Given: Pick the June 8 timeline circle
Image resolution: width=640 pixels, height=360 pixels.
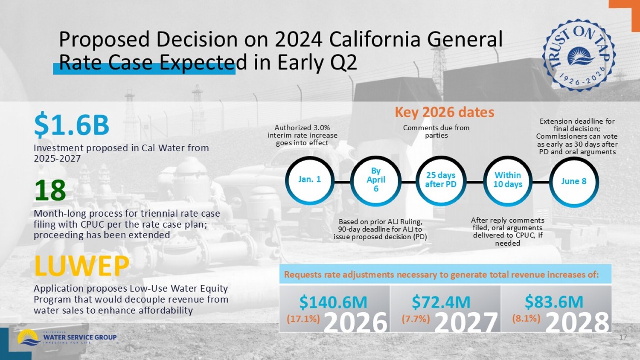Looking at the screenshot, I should (x=574, y=181).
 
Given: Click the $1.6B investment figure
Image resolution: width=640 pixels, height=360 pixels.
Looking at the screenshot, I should (x=72, y=125).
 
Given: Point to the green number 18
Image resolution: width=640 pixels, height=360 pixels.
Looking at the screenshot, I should (x=50, y=191).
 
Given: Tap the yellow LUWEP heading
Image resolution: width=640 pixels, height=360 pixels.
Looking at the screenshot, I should (x=81, y=266).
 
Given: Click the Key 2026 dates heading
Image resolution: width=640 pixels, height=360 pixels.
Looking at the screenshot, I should (x=444, y=112).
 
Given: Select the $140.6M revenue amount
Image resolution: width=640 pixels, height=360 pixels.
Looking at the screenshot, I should (x=333, y=302).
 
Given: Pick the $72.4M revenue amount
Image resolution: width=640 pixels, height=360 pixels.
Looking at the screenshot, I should (x=441, y=302).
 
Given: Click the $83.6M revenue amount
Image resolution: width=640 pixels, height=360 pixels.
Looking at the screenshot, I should (x=554, y=302).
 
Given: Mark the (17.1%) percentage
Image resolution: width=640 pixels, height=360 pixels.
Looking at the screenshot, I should (x=303, y=319).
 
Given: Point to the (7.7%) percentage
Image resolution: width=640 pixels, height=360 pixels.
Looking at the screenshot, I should (x=416, y=318).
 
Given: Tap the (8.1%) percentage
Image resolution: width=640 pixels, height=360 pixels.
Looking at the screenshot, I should (x=526, y=318).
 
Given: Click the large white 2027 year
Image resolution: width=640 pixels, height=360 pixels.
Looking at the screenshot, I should (x=466, y=322).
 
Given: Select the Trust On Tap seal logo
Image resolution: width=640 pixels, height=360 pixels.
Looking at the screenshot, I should (x=579, y=55).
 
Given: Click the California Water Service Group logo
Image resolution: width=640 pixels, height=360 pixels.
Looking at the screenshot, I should (x=67, y=337).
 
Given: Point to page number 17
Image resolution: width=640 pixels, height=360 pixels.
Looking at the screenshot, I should (x=623, y=337).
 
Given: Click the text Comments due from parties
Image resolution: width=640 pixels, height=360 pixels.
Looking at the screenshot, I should (x=436, y=131).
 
